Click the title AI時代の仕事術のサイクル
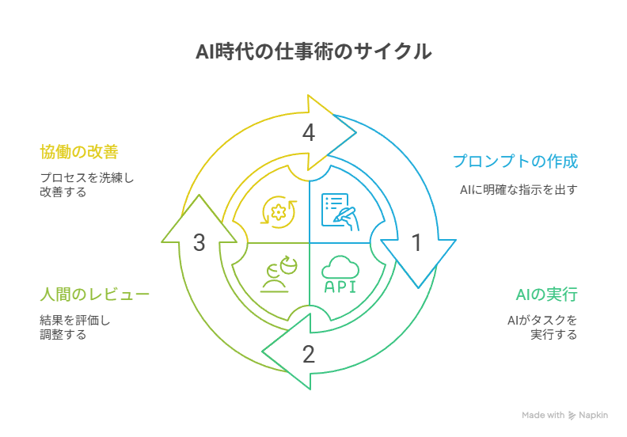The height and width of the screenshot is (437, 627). [x=313, y=53]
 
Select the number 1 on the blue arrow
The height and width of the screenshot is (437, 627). [x=416, y=243]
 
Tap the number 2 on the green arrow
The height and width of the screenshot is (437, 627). [x=309, y=354]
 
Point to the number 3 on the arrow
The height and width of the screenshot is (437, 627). [x=199, y=242]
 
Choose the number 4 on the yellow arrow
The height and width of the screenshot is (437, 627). [x=309, y=134]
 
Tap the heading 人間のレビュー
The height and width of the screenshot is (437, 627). [x=94, y=295]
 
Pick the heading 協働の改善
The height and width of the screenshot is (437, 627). [x=79, y=150]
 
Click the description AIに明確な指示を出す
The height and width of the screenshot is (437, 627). [x=519, y=190]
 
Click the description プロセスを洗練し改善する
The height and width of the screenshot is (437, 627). [x=86, y=185]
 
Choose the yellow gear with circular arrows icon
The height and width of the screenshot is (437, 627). [x=278, y=211]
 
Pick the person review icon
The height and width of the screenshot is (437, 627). [x=278, y=274]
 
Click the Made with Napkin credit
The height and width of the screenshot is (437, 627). [x=564, y=415]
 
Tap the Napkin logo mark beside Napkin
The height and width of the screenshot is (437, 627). [x=572, y=415]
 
